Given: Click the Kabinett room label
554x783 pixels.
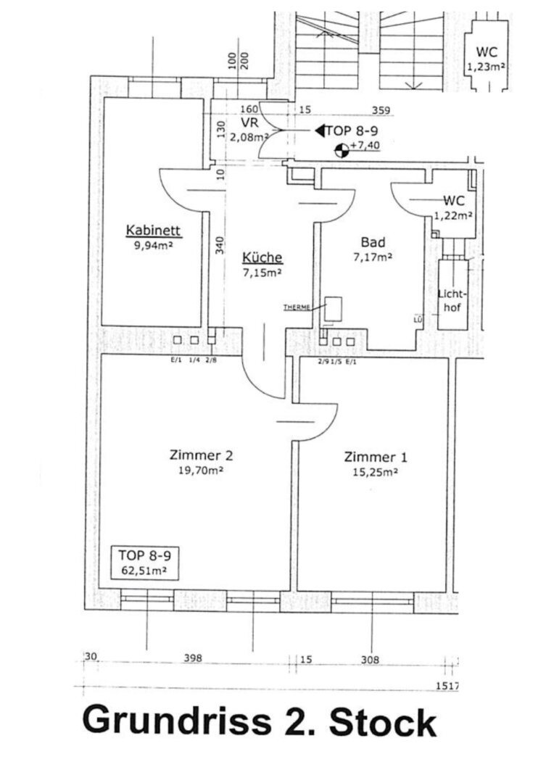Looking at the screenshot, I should point(152,231).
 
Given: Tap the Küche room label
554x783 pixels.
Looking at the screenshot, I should point(262,257).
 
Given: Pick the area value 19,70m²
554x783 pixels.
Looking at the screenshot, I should point(200,471).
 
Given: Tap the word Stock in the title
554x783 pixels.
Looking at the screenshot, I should point(383,723).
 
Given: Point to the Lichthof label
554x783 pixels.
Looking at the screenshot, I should point(454,299).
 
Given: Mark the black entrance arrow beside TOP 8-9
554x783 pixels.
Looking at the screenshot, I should point(319,131).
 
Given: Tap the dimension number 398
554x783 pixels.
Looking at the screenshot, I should point(192,658).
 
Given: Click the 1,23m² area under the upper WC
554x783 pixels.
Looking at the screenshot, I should point(486,67).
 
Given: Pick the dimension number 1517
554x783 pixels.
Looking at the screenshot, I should point(445,684).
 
